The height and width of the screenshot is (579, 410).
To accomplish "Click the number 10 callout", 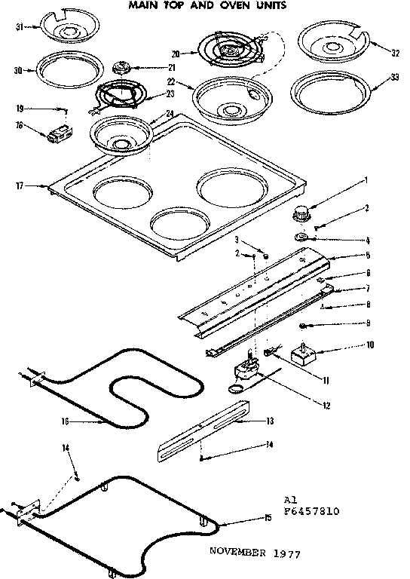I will pyautogui.click(x=369, y=346).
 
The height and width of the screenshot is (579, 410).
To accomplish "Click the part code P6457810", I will pyautogui.click(x=311, y=510).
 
